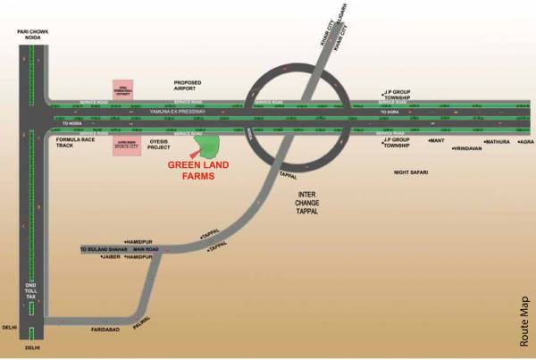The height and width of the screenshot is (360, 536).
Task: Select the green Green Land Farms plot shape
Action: click(x=208, y=142)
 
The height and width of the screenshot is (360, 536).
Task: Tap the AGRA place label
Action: click(x=525, y=142)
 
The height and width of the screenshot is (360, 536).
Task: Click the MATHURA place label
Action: click(x=497, y=142)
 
